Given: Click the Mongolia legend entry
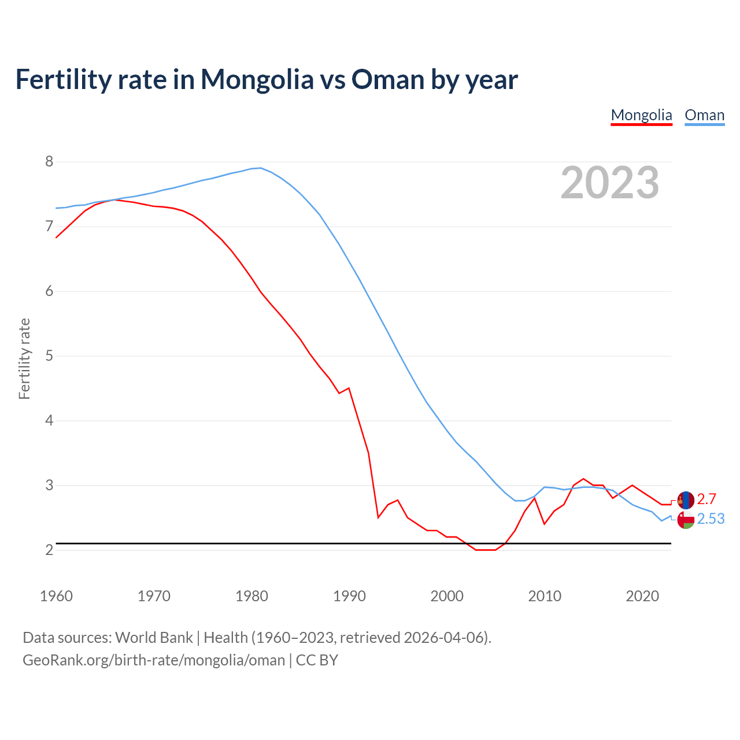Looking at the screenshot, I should click(641, 115).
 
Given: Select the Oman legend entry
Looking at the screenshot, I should click(704, 115).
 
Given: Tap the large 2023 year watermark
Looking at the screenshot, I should click(609, 183).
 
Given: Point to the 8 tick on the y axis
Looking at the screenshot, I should click(49, 162).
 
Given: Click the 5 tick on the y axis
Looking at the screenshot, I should click(49, 356).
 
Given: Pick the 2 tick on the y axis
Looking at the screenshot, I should click(49, 550).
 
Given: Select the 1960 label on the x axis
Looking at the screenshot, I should click(56, 596).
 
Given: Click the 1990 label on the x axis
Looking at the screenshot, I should click(349, 596).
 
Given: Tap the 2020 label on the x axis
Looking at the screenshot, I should click(642, 596).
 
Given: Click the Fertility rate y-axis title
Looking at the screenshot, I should click(24, 358).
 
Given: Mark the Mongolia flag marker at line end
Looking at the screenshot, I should click(686, 500).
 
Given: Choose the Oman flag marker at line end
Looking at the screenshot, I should click(686, 520).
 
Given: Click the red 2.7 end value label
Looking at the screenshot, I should click(706, 499).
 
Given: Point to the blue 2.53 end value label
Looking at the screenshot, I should click(711, 519).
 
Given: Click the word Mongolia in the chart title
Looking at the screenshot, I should click(257, 79).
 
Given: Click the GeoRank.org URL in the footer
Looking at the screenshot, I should click(154, 660).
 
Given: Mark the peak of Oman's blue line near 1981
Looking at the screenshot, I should click(261, 168).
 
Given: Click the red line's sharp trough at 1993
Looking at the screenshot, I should click(378, 517).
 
